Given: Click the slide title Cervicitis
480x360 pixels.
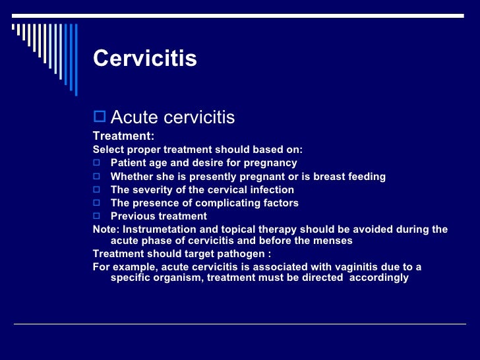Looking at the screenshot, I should click(145, 59).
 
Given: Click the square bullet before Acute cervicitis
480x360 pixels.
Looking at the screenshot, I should click(100, 117).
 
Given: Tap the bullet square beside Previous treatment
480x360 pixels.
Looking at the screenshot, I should click(96, 216).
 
